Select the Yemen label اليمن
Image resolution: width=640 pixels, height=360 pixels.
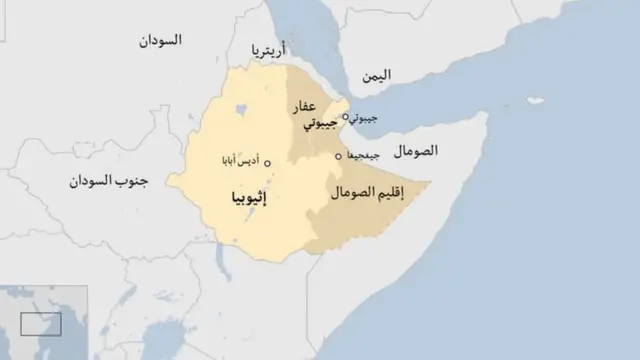377,75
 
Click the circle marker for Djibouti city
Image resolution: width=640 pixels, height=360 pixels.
346,117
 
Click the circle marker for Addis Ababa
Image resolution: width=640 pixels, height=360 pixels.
268,161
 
